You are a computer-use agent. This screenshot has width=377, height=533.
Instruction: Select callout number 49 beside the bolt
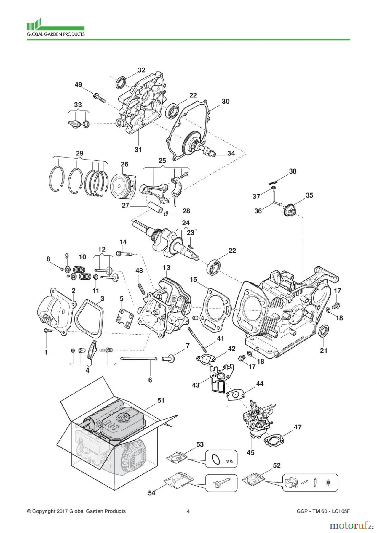78,85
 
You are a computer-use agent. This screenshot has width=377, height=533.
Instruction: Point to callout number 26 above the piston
124,164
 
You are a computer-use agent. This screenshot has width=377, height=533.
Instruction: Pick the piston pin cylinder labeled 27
155,208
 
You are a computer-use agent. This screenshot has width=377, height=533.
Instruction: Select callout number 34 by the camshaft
231,153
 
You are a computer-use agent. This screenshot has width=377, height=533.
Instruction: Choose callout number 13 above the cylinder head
166,267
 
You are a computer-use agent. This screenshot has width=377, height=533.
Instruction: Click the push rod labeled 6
138,359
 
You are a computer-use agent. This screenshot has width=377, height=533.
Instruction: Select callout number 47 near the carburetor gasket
298,427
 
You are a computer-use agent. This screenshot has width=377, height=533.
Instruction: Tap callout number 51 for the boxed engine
161,400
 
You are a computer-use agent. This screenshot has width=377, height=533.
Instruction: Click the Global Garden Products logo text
56,34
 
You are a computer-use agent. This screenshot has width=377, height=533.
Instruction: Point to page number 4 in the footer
188,511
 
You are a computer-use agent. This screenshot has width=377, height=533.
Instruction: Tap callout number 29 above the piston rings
79,153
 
